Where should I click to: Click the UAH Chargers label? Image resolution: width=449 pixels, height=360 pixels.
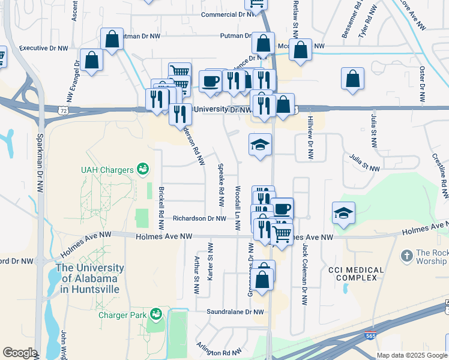tap(107, 170)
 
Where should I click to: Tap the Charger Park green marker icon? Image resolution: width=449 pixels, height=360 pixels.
tap(155, 314)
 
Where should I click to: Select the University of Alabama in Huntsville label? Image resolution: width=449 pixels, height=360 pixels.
tap(89, 278)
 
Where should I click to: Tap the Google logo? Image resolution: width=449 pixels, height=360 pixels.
tap(20, 353)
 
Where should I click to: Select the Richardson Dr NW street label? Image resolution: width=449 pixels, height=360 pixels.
tap(199, 219)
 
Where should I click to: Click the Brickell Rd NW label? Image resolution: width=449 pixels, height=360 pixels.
tap(161, 208)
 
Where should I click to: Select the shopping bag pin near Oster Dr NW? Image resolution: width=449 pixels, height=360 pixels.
tap(353, 78)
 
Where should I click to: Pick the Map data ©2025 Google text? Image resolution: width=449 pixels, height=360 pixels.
tap(412, 355)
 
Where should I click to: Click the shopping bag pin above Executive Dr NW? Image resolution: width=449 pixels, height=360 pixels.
tap(112, 39)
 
